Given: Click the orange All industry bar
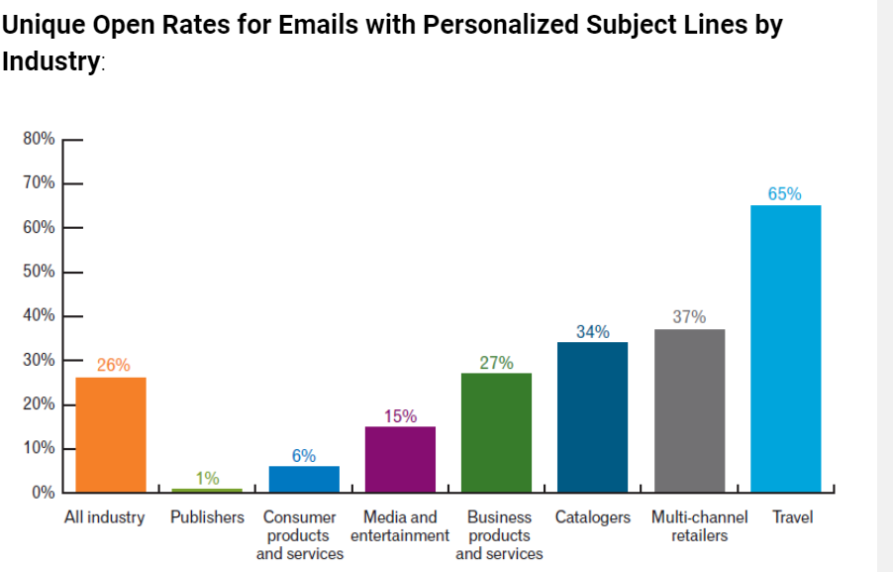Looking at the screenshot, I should [111, 434].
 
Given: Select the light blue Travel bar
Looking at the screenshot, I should [785, 348].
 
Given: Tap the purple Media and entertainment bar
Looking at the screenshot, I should [400, 459].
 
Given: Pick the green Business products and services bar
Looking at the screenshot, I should [496, 432].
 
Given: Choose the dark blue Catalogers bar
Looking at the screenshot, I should [592, 416].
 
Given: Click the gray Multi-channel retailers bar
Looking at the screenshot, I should [689, 410].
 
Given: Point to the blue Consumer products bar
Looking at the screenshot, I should [304, 479].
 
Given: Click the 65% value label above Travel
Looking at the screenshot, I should [784, 194].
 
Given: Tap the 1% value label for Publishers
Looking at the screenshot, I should [208, 478].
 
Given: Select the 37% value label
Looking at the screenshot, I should [689, 317].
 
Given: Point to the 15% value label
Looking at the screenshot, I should [400, 416].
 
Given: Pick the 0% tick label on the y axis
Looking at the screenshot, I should [43, 493].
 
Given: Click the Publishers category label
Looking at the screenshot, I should [207, 517].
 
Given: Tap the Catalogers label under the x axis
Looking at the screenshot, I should [592, 517].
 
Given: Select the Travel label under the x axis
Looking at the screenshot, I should [792, 517].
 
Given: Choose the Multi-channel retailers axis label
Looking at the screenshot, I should [699, 526].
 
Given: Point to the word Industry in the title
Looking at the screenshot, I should [50, 61].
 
